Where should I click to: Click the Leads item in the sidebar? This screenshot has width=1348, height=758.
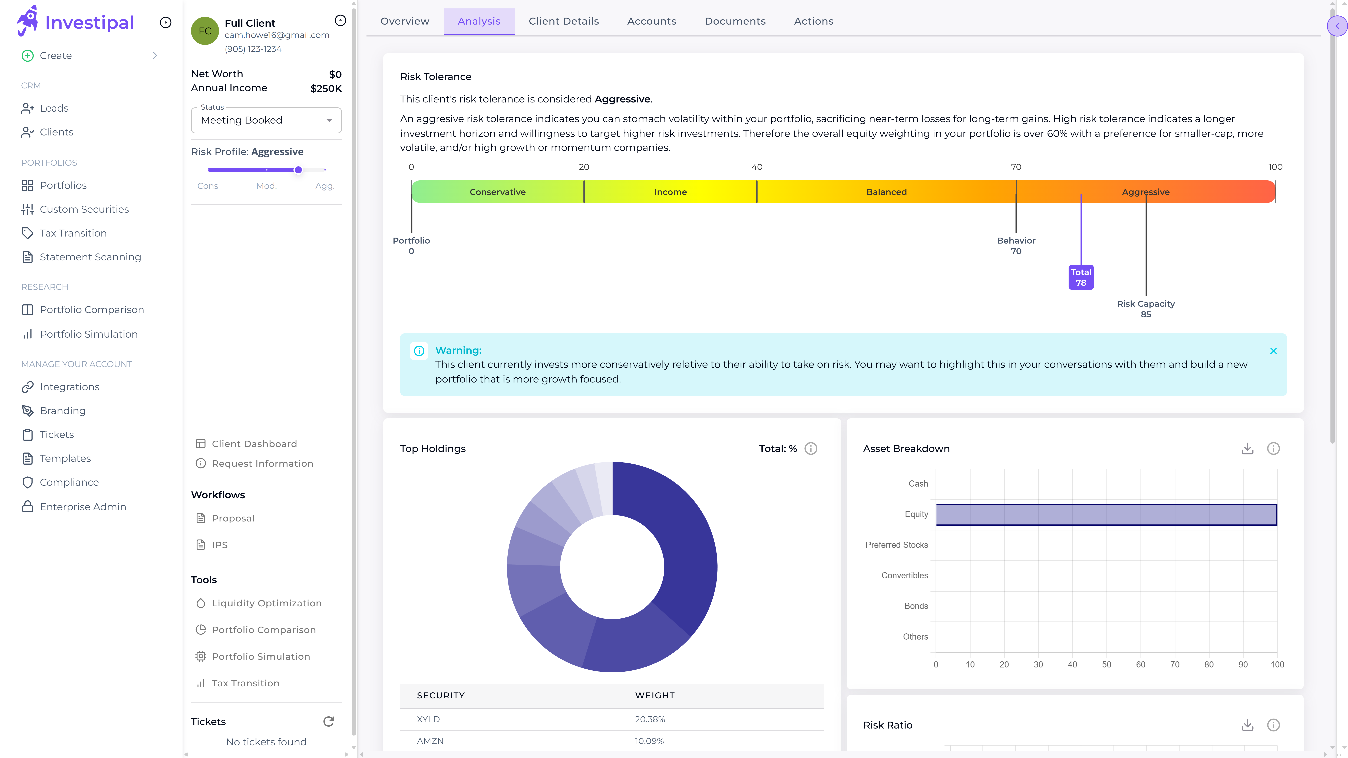click(x=54, y=108)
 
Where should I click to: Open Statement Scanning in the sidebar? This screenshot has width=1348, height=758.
click(x=90, y=257)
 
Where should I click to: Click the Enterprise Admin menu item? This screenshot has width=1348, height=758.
click(x=83, y=507)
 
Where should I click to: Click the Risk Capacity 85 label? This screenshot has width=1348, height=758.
click(x=1145, y=309)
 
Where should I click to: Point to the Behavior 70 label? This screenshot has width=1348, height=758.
click(x=1016, y=245)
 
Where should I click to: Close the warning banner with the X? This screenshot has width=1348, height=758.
click(x=1273, y=351)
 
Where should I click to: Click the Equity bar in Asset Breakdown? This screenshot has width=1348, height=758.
click(x=1106, y=515)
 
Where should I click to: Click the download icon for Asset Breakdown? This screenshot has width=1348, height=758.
click(x=1247, y=449)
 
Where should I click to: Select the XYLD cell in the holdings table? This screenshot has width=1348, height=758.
click(x=428, y=719)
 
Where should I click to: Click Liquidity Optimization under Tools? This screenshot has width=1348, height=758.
click(x=266, y=603)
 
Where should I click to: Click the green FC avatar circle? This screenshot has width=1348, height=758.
click(x=205, y=31)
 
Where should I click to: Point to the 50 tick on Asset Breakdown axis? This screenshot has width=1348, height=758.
click(x=1106, y=664)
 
